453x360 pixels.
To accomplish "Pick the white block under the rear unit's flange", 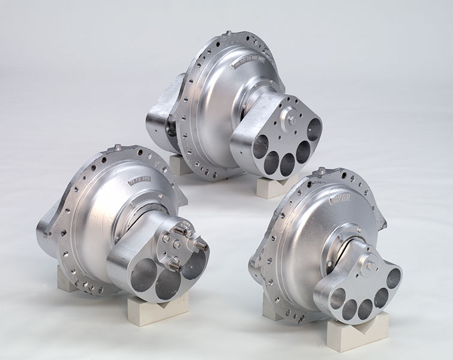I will tap(181, 164).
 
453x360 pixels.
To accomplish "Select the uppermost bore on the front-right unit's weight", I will tap(393, 278).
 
